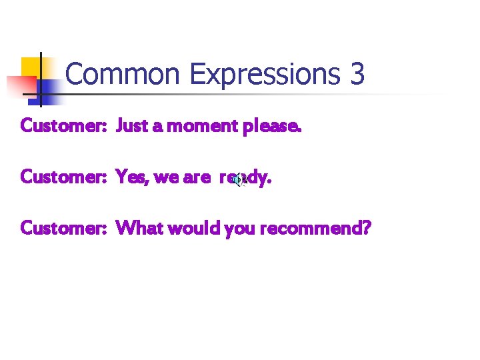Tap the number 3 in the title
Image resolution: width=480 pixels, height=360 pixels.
[357, 74]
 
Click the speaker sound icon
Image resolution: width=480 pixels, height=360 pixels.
[238, 179]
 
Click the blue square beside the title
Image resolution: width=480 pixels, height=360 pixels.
[48, 88]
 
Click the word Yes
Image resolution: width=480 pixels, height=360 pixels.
[131, 177]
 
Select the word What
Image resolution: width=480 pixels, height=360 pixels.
[139, 229]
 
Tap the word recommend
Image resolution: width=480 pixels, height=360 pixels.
[311, 229]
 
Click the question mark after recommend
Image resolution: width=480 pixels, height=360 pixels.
[366, 229]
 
